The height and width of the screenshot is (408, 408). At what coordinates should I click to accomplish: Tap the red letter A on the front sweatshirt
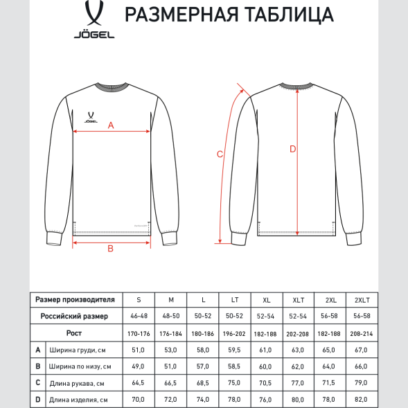112,125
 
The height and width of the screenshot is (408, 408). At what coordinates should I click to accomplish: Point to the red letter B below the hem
110,249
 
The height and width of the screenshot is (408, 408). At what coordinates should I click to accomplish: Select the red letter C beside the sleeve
220,154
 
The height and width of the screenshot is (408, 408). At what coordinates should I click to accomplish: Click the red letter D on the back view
292,149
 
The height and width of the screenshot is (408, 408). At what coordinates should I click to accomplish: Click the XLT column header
299,299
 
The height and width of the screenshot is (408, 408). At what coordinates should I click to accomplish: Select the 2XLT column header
362,299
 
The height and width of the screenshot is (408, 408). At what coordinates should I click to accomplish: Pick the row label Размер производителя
75,299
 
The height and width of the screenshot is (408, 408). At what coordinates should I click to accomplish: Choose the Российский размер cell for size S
139,316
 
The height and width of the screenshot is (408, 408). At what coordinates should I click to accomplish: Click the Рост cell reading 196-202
235,333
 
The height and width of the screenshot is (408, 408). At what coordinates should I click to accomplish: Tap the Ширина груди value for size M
170,350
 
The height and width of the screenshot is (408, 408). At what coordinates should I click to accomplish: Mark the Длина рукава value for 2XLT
362,383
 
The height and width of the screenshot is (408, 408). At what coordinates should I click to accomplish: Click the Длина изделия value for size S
139,400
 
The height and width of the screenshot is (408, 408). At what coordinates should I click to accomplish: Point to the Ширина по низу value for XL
267,366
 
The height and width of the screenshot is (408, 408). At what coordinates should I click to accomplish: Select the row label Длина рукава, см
77,383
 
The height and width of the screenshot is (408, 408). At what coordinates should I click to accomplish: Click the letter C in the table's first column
38,383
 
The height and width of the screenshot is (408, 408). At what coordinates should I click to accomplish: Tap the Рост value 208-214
362,333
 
